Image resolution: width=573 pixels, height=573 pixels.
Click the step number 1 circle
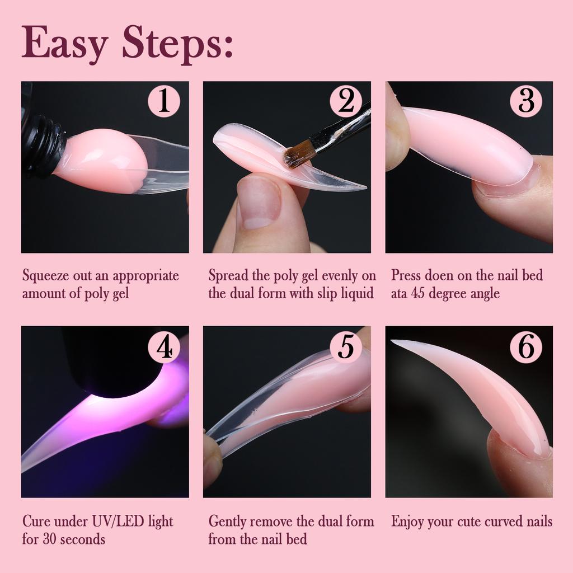tap(163, 102)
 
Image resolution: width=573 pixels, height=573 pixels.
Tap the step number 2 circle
tap(346, 102)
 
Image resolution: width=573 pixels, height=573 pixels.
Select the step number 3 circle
tap(526, 102)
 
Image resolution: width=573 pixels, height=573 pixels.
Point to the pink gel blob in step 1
tap(104, 162)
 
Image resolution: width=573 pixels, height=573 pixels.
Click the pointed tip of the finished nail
tap(393, 342)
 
